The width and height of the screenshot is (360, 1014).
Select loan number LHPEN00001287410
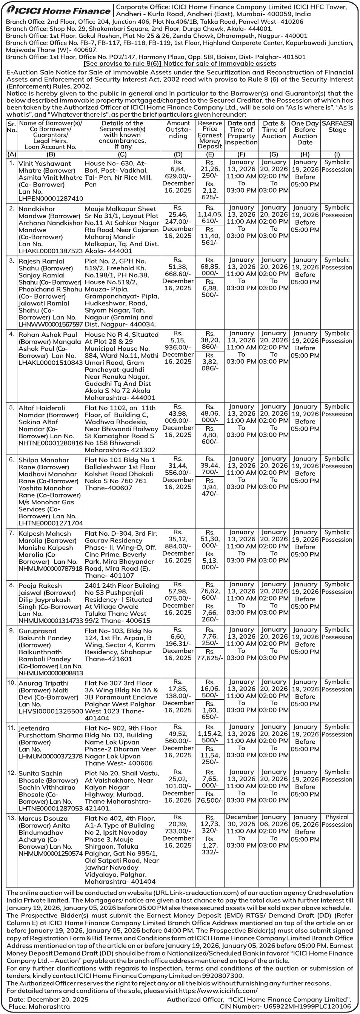pyautogui.click(x=51, y=199)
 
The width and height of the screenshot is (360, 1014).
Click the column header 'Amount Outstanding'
pyautogui.click(x=178, y=129)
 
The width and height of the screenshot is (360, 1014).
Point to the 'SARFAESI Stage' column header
pyautogui.click(x=337, y=126)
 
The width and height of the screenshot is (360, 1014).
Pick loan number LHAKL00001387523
pyautogui.click(x=51, y=251)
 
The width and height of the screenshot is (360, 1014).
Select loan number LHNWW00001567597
pyautogui.click(x=51, y=324)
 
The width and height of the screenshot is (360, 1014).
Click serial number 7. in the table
pyautogui.click(x=12, y=533)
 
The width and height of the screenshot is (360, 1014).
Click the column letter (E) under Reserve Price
pyautogui.click(x=210, y=154)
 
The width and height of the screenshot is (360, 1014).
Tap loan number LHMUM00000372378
pyautogui.click(x=51, y=756)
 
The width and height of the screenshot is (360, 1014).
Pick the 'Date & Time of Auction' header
pyautogui.click(x=274, y=129)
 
